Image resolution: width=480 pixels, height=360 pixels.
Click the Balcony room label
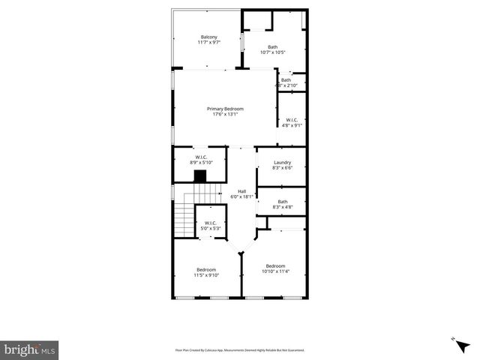208,37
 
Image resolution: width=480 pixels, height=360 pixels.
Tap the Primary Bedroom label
225,109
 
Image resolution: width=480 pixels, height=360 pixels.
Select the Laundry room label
282,163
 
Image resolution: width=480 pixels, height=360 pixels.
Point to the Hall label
242,191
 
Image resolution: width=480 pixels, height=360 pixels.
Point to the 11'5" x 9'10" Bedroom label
206,272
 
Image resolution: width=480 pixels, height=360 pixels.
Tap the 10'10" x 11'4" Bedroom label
275,268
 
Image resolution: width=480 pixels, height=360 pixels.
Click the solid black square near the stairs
200,176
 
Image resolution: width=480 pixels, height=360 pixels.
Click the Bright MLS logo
30,349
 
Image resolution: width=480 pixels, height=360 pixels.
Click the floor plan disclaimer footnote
240,349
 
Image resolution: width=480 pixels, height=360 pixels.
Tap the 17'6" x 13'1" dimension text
225,114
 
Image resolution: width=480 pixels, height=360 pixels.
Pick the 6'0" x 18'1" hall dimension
242,196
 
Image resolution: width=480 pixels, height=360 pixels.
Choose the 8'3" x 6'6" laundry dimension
282,168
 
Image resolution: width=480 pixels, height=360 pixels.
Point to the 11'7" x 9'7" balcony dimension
208,43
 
